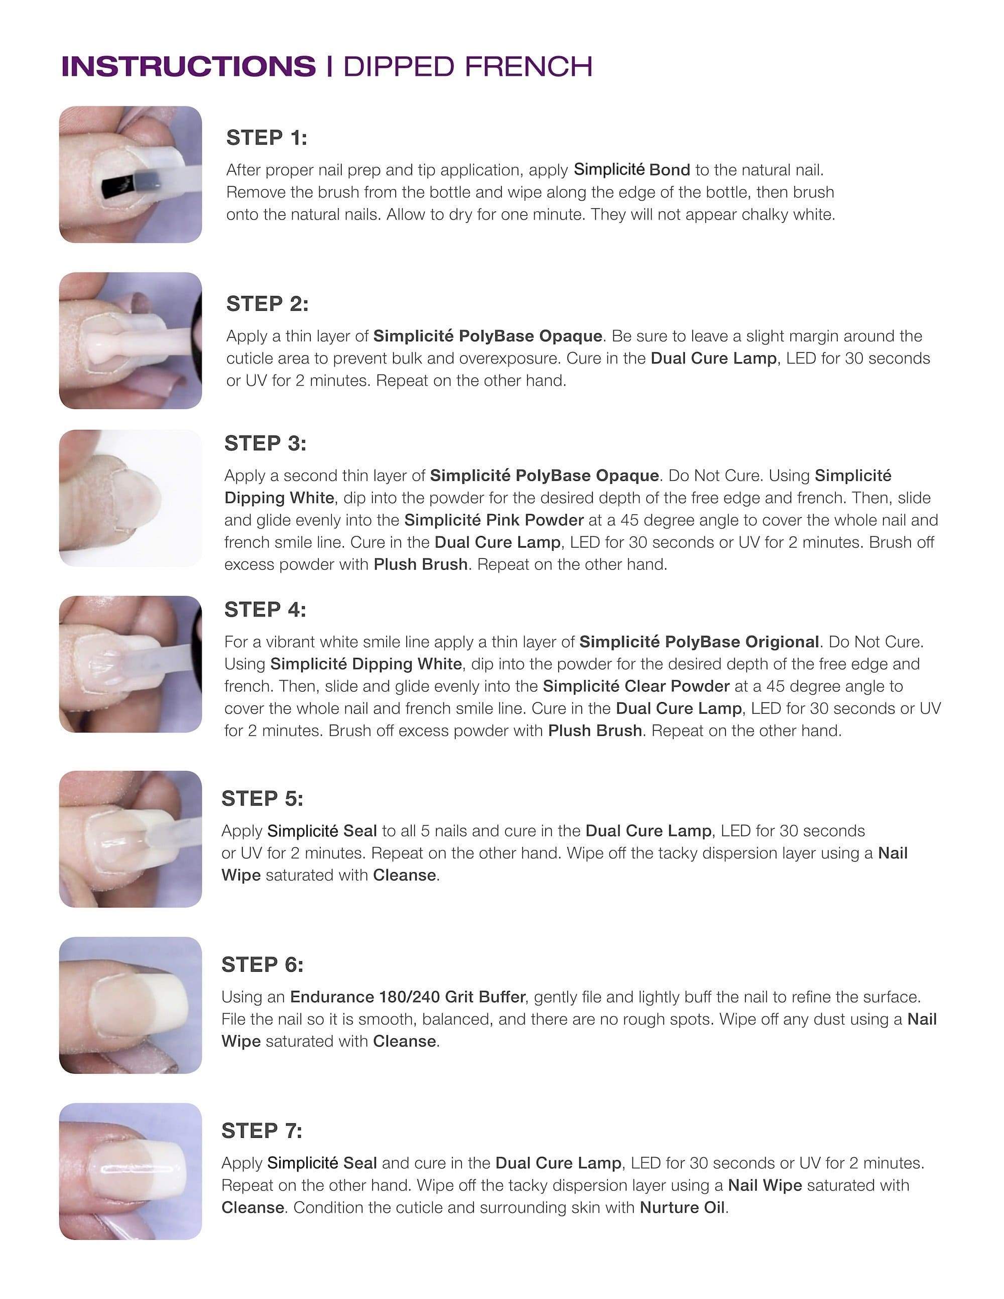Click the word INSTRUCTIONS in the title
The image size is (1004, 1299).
click(x=189, y=66)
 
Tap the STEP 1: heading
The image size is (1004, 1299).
click(x=267, y=138)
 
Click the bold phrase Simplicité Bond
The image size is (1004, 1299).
click(x=632, y=170)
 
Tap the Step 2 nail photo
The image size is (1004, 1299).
click(x=130, y=340)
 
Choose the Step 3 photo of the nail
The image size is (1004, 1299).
click(x=130, y=498)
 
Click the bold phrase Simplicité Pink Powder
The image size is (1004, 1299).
click(x=493, y=520)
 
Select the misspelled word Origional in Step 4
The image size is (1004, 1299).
click(x=782, y=642)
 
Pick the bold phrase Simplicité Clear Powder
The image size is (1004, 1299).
click(x=636, y=686)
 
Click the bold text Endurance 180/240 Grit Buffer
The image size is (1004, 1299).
click(x=408, y=996)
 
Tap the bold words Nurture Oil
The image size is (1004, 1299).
click(x=682, y=1208)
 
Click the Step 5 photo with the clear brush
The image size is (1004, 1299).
click(x=130, y=839)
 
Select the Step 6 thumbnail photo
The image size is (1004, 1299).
click(x=130, y=1005)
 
